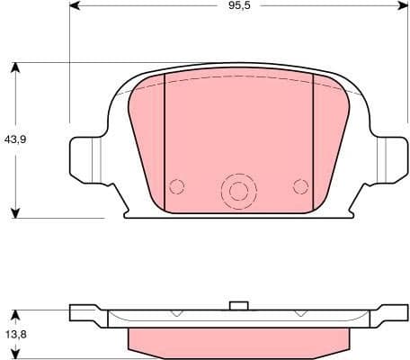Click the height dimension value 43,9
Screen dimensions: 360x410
pos(13,140)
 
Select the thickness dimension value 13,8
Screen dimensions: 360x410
pos(13,335)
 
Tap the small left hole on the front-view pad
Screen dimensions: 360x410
pos(177,186)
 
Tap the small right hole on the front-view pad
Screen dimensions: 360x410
pos(300,186)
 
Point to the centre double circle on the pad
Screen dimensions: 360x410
pos(238,190)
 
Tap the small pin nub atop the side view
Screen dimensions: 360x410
pos(238,305)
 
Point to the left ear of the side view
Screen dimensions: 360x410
pos(87,315)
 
